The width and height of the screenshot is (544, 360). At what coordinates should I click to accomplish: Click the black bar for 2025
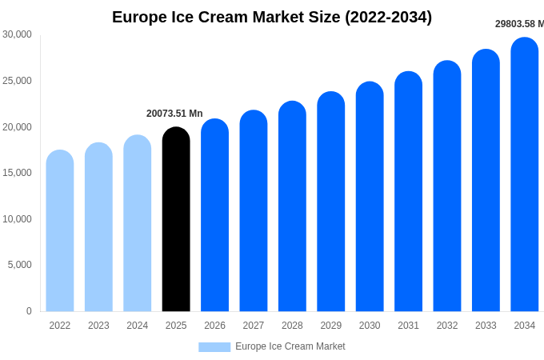coord(176,220)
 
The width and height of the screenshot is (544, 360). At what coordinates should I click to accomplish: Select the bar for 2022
coord(60,231)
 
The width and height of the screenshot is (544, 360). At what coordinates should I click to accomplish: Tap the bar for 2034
coord(525,175)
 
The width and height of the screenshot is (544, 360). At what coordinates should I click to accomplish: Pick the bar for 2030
coord(370,197)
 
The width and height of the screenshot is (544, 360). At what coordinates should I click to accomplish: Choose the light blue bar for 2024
coord(138,223)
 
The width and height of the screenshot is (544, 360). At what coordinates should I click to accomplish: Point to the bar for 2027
coord(254,211)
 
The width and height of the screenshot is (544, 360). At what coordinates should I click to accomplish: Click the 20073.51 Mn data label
coord(174,114)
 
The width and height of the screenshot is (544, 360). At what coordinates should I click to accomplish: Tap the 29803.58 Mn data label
coord(519,24)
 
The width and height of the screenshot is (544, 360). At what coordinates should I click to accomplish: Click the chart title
coord(272,17)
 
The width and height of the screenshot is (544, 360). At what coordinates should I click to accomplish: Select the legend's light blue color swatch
coord(214,346)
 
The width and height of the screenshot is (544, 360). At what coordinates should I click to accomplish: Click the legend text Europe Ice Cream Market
coord(290,346)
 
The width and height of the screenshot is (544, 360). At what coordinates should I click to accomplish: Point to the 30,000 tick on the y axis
coord(17,34)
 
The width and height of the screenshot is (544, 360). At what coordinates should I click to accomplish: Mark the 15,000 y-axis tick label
coord(17,173)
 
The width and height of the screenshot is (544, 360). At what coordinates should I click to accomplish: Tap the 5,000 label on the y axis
coord(19,265)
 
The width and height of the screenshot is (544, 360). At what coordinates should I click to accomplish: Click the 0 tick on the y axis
coord(29,311)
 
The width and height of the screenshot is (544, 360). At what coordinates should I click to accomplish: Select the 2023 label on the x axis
coord(98,326)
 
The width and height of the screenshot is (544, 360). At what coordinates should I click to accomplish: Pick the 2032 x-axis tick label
coord(447,326)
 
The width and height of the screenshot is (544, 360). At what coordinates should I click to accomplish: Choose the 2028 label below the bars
coord(292,326)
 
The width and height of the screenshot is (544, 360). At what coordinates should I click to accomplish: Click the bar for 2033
coord(486,181)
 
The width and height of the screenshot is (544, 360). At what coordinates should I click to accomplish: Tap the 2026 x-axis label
coord(214,326)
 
